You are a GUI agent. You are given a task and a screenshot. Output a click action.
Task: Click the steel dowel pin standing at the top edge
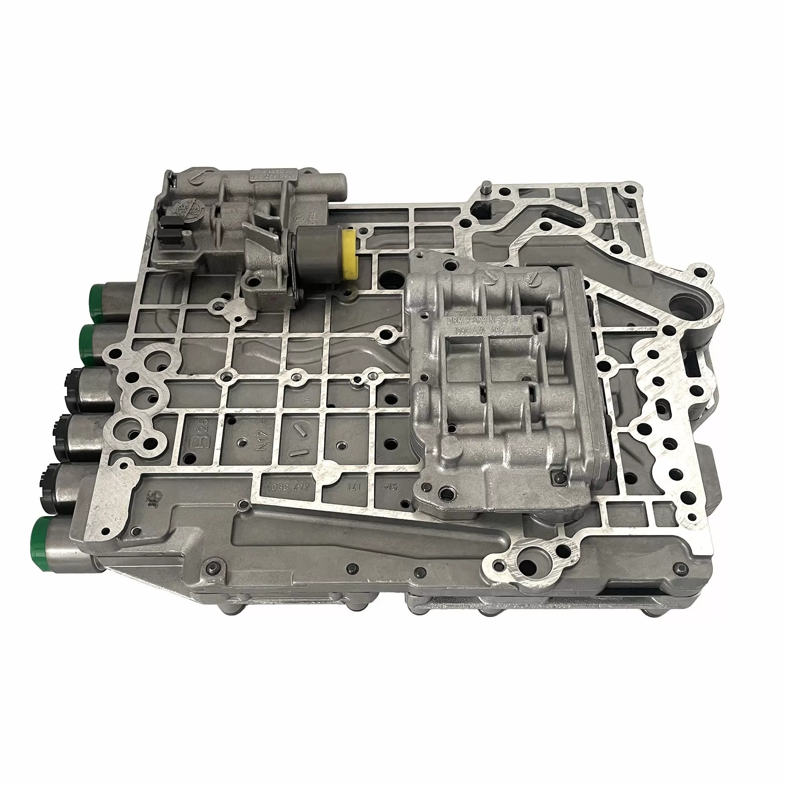486,190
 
